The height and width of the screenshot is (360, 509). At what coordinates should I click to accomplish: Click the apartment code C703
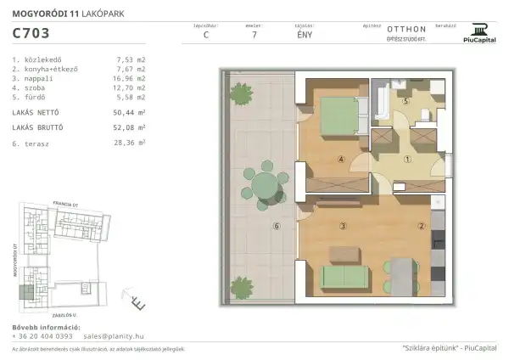[x=31, y=35]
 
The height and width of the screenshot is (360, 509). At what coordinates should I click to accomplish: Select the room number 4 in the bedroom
[x=341, y=158]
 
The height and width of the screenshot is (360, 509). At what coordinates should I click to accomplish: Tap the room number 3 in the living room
[x=342, y=226]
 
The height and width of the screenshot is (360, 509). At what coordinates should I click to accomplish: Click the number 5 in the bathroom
[x=406, y=101]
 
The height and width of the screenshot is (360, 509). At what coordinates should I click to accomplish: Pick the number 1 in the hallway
[x=406, y=159]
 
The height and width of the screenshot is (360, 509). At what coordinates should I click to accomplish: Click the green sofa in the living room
[x=344, y=278]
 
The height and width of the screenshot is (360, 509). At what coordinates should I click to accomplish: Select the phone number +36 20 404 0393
[x=42, y=336]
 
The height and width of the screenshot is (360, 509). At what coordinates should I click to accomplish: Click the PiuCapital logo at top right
[x=479, y=33]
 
